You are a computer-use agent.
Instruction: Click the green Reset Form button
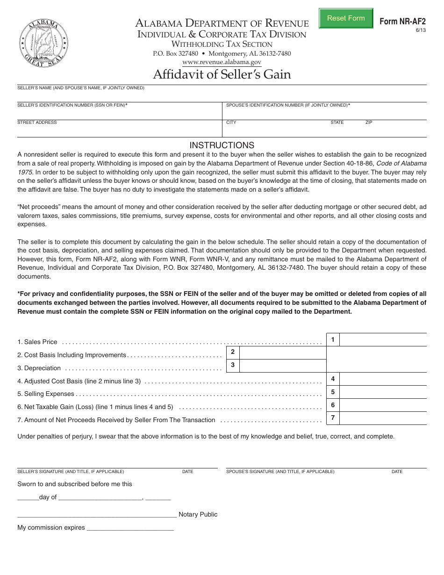[346, 18]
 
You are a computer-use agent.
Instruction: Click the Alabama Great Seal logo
[43, 43]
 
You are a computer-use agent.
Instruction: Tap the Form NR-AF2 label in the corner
[402, 22]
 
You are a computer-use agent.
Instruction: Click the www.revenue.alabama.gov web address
[222, 62]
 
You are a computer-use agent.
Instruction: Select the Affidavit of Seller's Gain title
[222, 74]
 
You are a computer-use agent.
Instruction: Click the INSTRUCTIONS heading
[222, 145]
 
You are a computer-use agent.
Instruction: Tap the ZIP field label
[369, 122]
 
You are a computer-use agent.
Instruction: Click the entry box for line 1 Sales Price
[383, 340]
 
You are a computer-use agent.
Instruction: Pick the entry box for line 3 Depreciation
[282, 366]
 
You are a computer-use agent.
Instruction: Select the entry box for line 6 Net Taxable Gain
[383, 405]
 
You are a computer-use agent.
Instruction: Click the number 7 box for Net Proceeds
[333, 418]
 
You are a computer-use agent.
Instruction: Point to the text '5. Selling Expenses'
[46, 394]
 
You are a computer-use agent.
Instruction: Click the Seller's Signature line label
[71, 472]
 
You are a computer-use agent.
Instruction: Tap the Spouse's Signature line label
[280, 472]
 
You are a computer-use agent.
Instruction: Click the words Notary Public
[198, 514]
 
